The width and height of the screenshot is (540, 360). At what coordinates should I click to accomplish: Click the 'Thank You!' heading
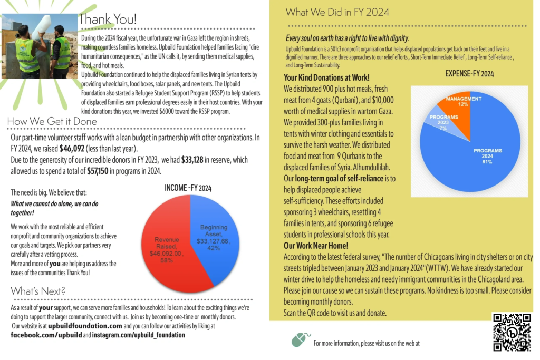coord(108,20)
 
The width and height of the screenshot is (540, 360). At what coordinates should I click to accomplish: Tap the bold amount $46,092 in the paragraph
coord(72,149)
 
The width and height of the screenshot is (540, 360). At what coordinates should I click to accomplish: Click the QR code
coord(511,332)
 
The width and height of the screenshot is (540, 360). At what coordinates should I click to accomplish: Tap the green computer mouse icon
coord(299,339)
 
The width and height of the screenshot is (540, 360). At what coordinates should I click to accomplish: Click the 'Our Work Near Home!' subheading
coord(316,246)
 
